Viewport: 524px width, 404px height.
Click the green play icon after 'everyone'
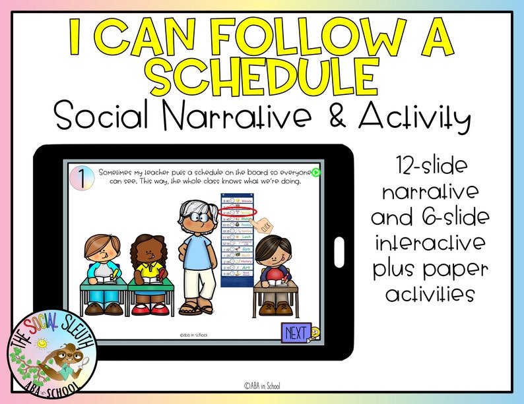click(316, 173)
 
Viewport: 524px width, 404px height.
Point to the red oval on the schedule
click(238, 212)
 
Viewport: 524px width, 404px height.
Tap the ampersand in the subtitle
click(345, 117)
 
